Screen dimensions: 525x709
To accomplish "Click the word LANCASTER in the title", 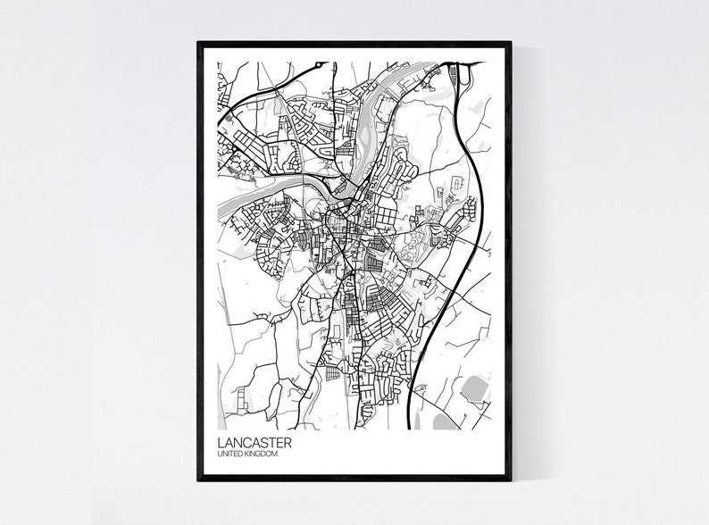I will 254,443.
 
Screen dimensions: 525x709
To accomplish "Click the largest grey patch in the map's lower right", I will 473,389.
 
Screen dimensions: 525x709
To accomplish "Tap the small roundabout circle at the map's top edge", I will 318,65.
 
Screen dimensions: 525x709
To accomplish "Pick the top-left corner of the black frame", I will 199,43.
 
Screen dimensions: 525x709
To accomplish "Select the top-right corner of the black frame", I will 510,43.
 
